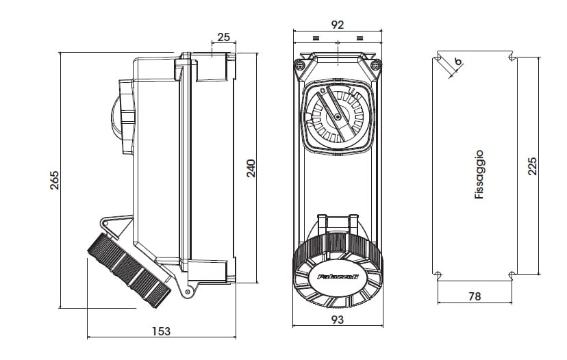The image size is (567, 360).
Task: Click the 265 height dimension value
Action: (55, 180)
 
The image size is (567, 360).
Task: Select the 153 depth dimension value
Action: (160, 331)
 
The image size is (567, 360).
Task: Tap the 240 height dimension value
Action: (251, 168)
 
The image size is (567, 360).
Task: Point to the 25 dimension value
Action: (223, 36)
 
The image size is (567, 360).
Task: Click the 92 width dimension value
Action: (337, 24)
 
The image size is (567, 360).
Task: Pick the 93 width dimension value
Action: (337, 319)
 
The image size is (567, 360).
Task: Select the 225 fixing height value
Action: (533, 166)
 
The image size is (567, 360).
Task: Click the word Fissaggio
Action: (479, 175)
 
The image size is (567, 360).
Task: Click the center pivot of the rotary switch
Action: (338, 118)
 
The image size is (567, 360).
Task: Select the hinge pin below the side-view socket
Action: (186, 292)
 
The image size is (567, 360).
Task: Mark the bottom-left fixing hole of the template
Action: (438, 275)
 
